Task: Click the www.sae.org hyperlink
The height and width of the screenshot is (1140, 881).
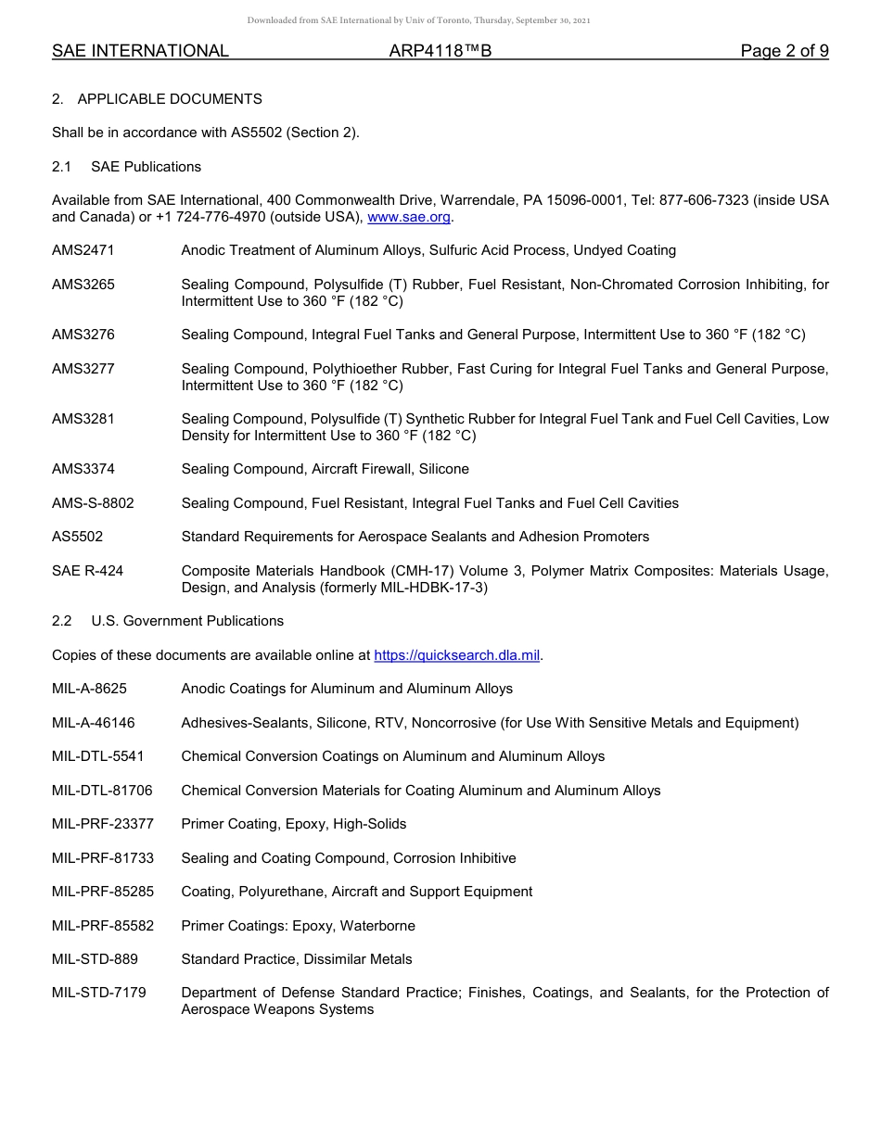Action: [x=409, y=217]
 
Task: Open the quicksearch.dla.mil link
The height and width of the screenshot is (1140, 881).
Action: [x=456, y=655]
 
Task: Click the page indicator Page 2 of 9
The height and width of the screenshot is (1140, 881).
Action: [x=784, y=51]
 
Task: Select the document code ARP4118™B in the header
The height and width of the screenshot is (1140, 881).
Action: [x=440, y=51]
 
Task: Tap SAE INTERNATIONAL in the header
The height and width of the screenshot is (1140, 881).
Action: [x=140, y=51]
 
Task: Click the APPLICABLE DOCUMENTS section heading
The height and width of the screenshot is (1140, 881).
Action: [x=170, y=99]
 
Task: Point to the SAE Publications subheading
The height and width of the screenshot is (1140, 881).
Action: [x=146, y=167]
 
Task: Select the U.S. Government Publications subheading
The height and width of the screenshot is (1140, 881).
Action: [x=187, y=621]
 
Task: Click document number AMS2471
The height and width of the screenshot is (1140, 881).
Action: [x=83, y=250]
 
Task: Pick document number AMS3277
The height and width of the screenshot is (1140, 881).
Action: [x=83, y=369]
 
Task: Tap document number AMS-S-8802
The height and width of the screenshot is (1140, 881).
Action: [x=93, y=503]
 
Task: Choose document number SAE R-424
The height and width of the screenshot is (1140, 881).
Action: [x=87, y=571]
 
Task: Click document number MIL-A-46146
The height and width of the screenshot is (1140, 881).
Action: [x=93, y=723]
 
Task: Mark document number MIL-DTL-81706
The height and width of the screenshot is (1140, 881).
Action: [x=102, y=791]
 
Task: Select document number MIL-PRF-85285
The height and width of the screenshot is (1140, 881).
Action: [x=103, y=892]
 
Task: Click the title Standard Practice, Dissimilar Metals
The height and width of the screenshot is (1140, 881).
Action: [x=297, y=959]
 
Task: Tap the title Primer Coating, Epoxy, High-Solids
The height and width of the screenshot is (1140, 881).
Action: [x=293, y=824]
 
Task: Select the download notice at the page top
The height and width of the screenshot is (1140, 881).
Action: [x=418, y=20]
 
